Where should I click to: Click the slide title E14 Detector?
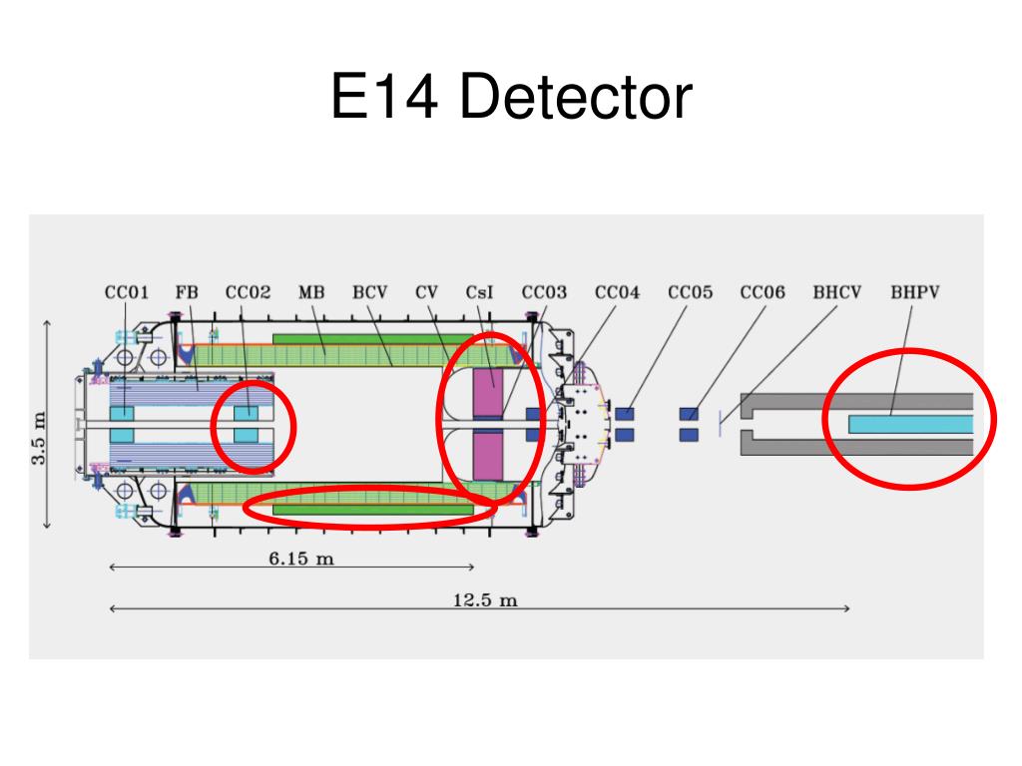point(511,99)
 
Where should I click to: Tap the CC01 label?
point(127,293)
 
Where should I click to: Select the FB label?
point(187,293)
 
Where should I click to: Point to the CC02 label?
point(248,293)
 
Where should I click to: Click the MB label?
point(311,293)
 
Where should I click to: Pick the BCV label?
point(369,293)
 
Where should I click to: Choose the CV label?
point(427,293)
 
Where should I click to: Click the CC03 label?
point(544,293)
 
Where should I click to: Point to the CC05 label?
point(691,293)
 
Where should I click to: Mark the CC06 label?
point(763,293)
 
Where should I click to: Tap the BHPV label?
point(915,293)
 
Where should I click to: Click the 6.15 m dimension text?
point(301,560)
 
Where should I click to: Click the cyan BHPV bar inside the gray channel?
point(909,424)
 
